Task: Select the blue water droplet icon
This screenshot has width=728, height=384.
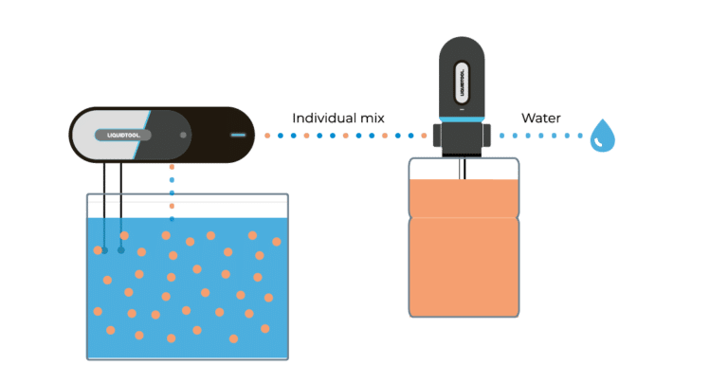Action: point(602,137)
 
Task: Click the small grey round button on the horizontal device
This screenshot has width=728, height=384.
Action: point(183,135)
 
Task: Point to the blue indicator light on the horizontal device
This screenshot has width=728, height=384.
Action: point(237,135)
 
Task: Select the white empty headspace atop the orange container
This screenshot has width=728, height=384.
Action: point(436,171)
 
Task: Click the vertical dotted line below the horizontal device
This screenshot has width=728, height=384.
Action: point(172,185)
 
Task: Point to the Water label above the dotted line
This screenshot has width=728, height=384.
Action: point(540,119)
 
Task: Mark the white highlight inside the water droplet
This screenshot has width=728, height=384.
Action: point(599,142)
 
